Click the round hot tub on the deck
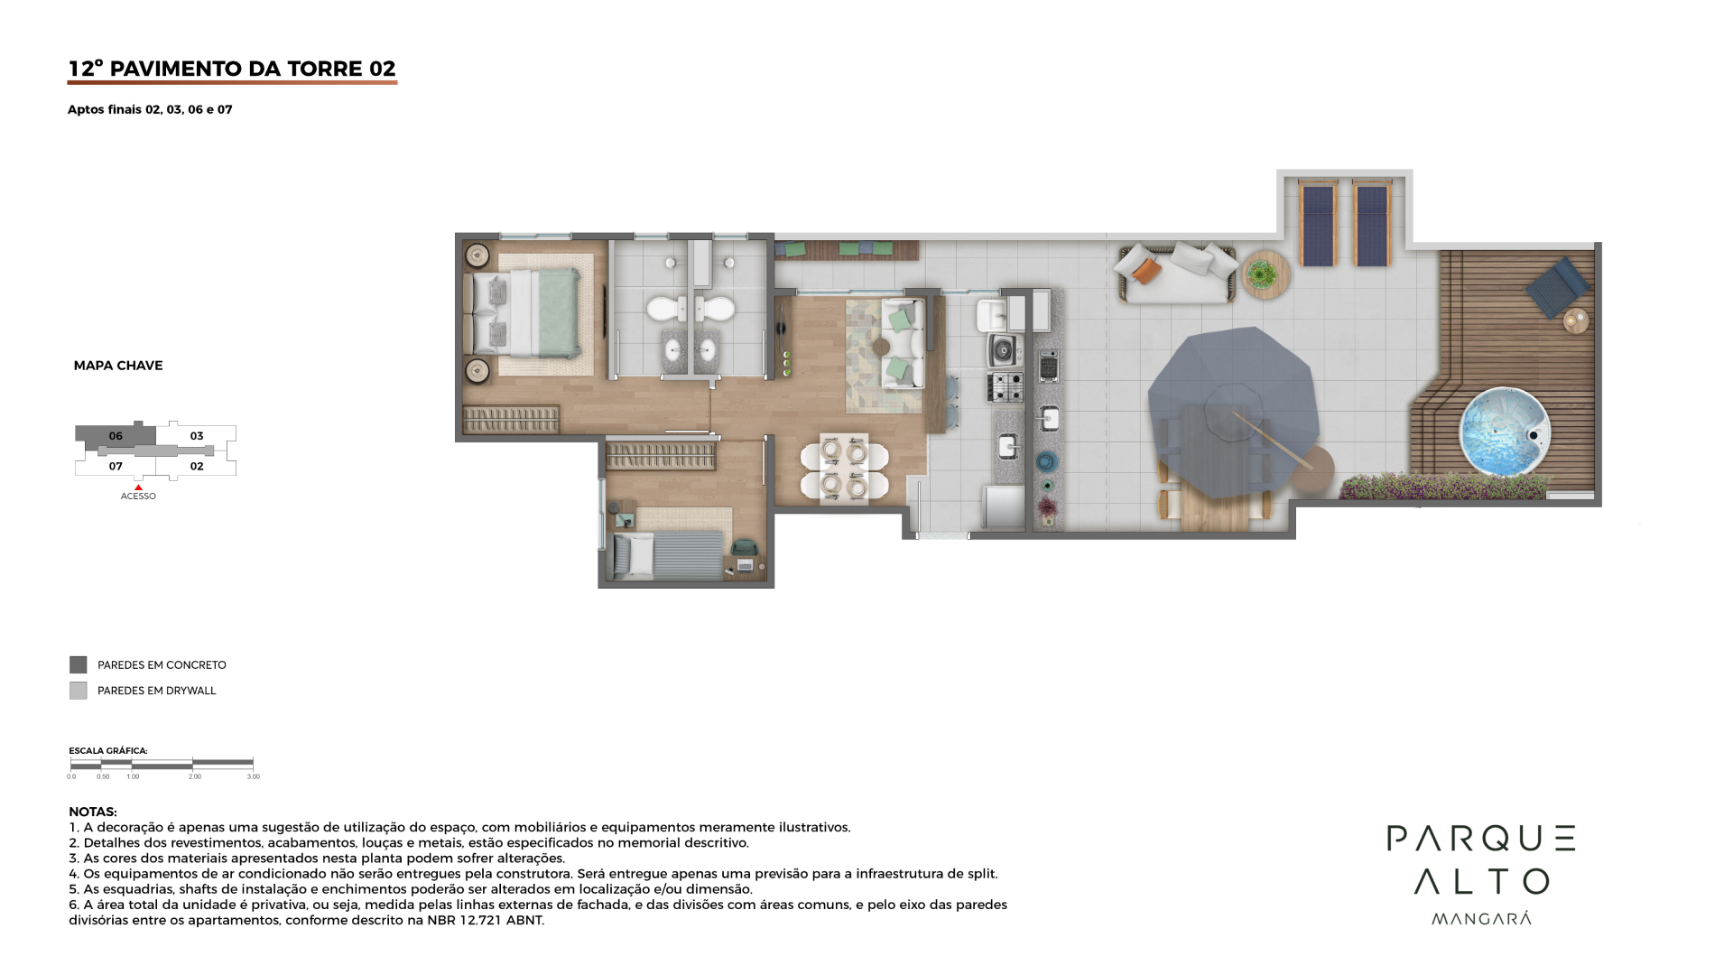[x=1505, y=432]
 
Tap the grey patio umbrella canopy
[x=1233, y=412]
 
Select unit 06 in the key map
[x=116, y=436]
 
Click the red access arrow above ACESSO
[x=138, y=487]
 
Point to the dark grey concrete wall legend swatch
[x=79, y=665]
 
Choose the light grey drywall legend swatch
[x=79, y=691]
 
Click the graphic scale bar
[x=162, y=765]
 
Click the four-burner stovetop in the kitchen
[x=1006, y=386]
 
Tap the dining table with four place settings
[x=844, y=469]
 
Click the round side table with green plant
[x=1265, y=274]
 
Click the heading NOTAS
[x=93, y=812]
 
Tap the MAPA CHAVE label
[x=118, y=366]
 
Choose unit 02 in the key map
[x=197, y=467]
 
